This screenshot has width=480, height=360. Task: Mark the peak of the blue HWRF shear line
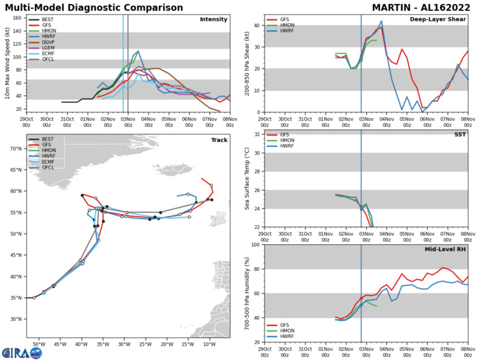pos(381,21)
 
